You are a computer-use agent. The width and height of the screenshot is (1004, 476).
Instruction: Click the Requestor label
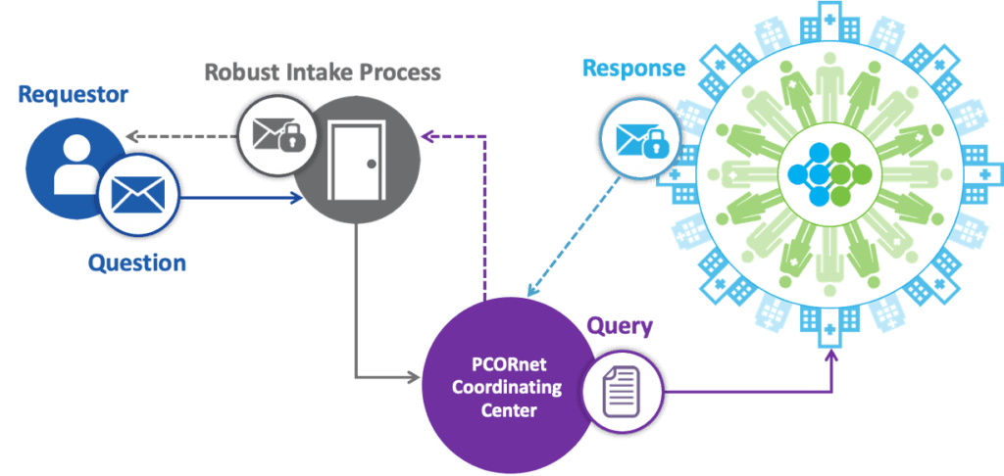click(74, 95)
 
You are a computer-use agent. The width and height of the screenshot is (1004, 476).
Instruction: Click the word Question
click(137, 262)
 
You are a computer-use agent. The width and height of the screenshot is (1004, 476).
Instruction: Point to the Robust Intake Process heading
click(323, 72)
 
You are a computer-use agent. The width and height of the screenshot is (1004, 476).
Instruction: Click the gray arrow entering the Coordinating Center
click(382, 375)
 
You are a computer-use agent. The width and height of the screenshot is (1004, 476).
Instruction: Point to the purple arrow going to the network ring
click(745, 393)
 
